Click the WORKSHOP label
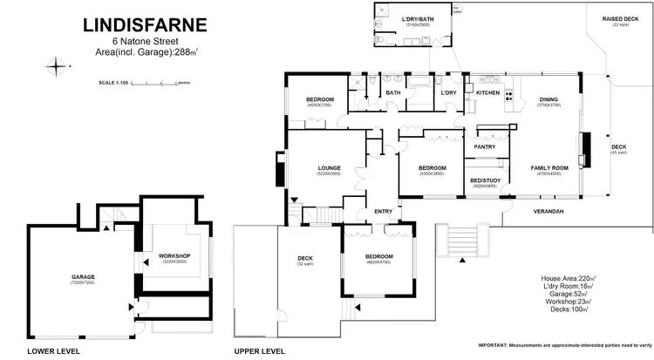pyautogui.click(x=174, y=255)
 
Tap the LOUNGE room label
pyautogui.click(x=329, y=168)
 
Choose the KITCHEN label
pyautogui.click(x=487, y=92)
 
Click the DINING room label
pyautogui.click(x=548, y=99)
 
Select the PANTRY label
pyautogui.click(x=484, y=146)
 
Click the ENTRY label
pyautogui.click(x=384, y=211)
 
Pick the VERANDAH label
pyautogui.click(x=548, y=212)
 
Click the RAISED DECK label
pyautogui.click(x=621, y=19)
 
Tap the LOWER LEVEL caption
pyautogui.click(x=53, y=351)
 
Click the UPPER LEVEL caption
pyautogui.click(x=260, y=351)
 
